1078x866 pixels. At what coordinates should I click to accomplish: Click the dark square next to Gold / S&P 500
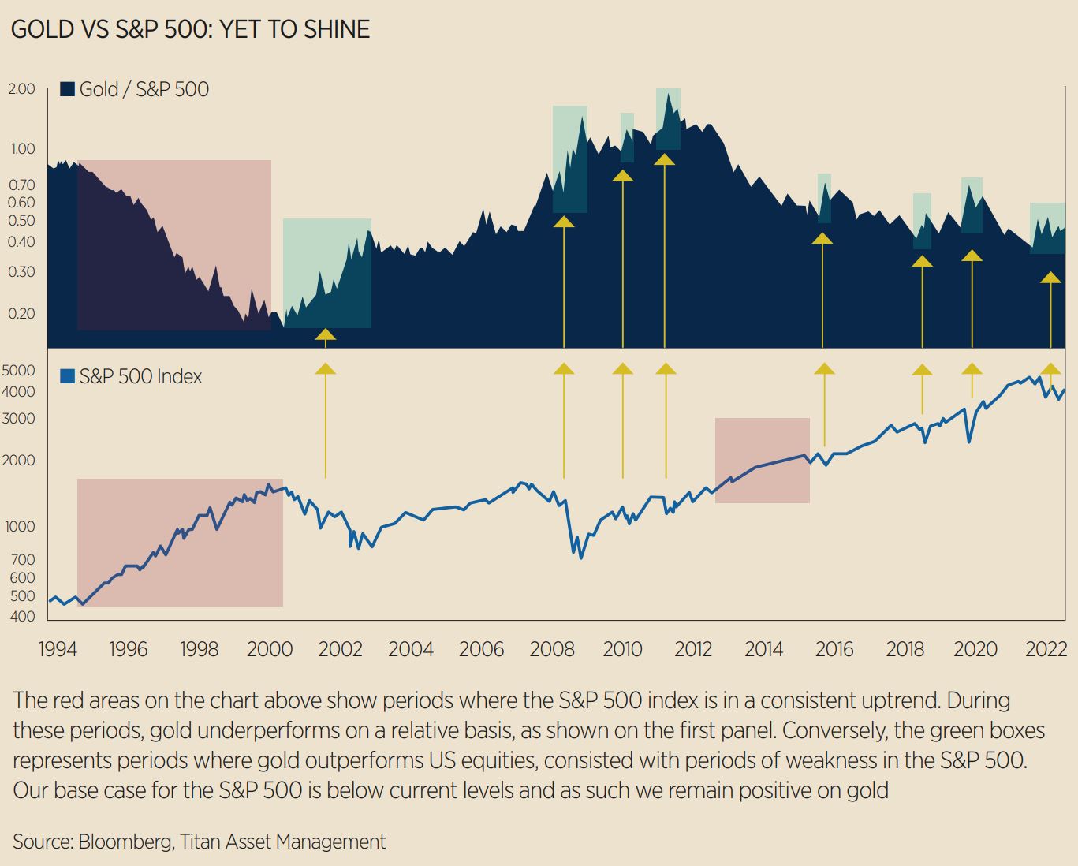tap(68, 89)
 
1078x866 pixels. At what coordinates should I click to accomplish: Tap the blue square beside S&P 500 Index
tap(68, 376)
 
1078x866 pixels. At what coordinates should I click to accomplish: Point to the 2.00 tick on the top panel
tap(22, 88)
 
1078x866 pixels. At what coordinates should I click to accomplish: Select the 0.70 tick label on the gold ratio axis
tap(22, 185)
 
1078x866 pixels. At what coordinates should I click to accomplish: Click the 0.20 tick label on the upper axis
tap(22, 313)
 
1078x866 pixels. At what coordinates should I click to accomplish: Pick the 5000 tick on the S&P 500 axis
tap(21, 370)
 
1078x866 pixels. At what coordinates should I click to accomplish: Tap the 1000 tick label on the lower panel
tap(21, 526)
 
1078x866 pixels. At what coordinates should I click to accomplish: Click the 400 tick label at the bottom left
tap(23, 616)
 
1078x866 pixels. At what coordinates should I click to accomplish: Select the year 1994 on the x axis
tap(58, 649)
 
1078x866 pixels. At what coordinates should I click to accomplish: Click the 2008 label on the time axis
tap(552, 649)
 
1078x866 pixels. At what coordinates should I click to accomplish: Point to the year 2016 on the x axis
tap(834, 649)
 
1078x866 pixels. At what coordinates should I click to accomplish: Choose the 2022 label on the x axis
tap(1046, 649)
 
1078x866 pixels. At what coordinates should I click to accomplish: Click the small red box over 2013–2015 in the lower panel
tap(762, 460)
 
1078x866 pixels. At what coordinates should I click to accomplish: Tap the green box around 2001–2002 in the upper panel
tap(326, 272)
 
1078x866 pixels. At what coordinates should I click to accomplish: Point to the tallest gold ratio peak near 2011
tap(668, 94)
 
